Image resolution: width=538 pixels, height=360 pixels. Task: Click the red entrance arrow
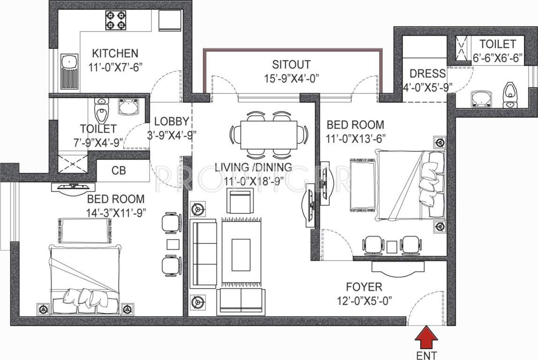click(x=426, y=337)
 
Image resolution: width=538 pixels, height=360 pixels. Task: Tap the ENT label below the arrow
click(x=426, y=354)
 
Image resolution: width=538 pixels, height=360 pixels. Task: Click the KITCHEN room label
click(x=115, y=53)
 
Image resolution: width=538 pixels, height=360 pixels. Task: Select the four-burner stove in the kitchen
click(x=115, y=21)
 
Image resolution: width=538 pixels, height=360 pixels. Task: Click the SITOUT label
click(x=291, y=64)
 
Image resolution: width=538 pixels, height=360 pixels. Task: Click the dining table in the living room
click(x=268, y=135)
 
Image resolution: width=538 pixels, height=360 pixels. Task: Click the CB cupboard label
click(x=119, y=170)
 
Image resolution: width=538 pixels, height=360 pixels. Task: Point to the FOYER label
click(x=364, y=286)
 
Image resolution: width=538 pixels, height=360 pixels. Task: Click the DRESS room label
click(x=427, y=74)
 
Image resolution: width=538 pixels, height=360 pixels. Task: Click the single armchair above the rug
click(x=240, y=200)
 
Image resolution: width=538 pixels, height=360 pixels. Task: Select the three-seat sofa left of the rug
click(x=202, y=253)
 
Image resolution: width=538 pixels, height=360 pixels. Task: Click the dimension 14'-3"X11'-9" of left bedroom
click(x=116, y=212)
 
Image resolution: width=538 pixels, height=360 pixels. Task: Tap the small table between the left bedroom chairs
click(x=173, y=244)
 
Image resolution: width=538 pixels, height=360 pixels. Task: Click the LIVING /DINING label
click(x=253, y=167)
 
